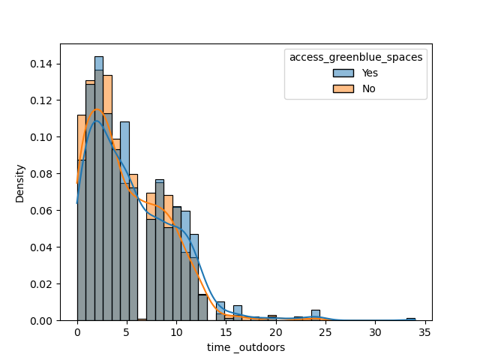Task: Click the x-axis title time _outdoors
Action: [x=246, y=348]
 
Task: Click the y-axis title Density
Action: [x=20, y=183]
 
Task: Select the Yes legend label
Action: [x=369, y=73]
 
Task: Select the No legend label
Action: [x=368, y=88]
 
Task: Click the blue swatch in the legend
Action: [x=343, y=73]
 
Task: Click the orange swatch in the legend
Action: [x=343, y=88]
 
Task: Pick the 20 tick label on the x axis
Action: [x=276, y=332]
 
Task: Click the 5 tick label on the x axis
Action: [x=127, y=332]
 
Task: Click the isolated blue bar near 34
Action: [x=410, y=319]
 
